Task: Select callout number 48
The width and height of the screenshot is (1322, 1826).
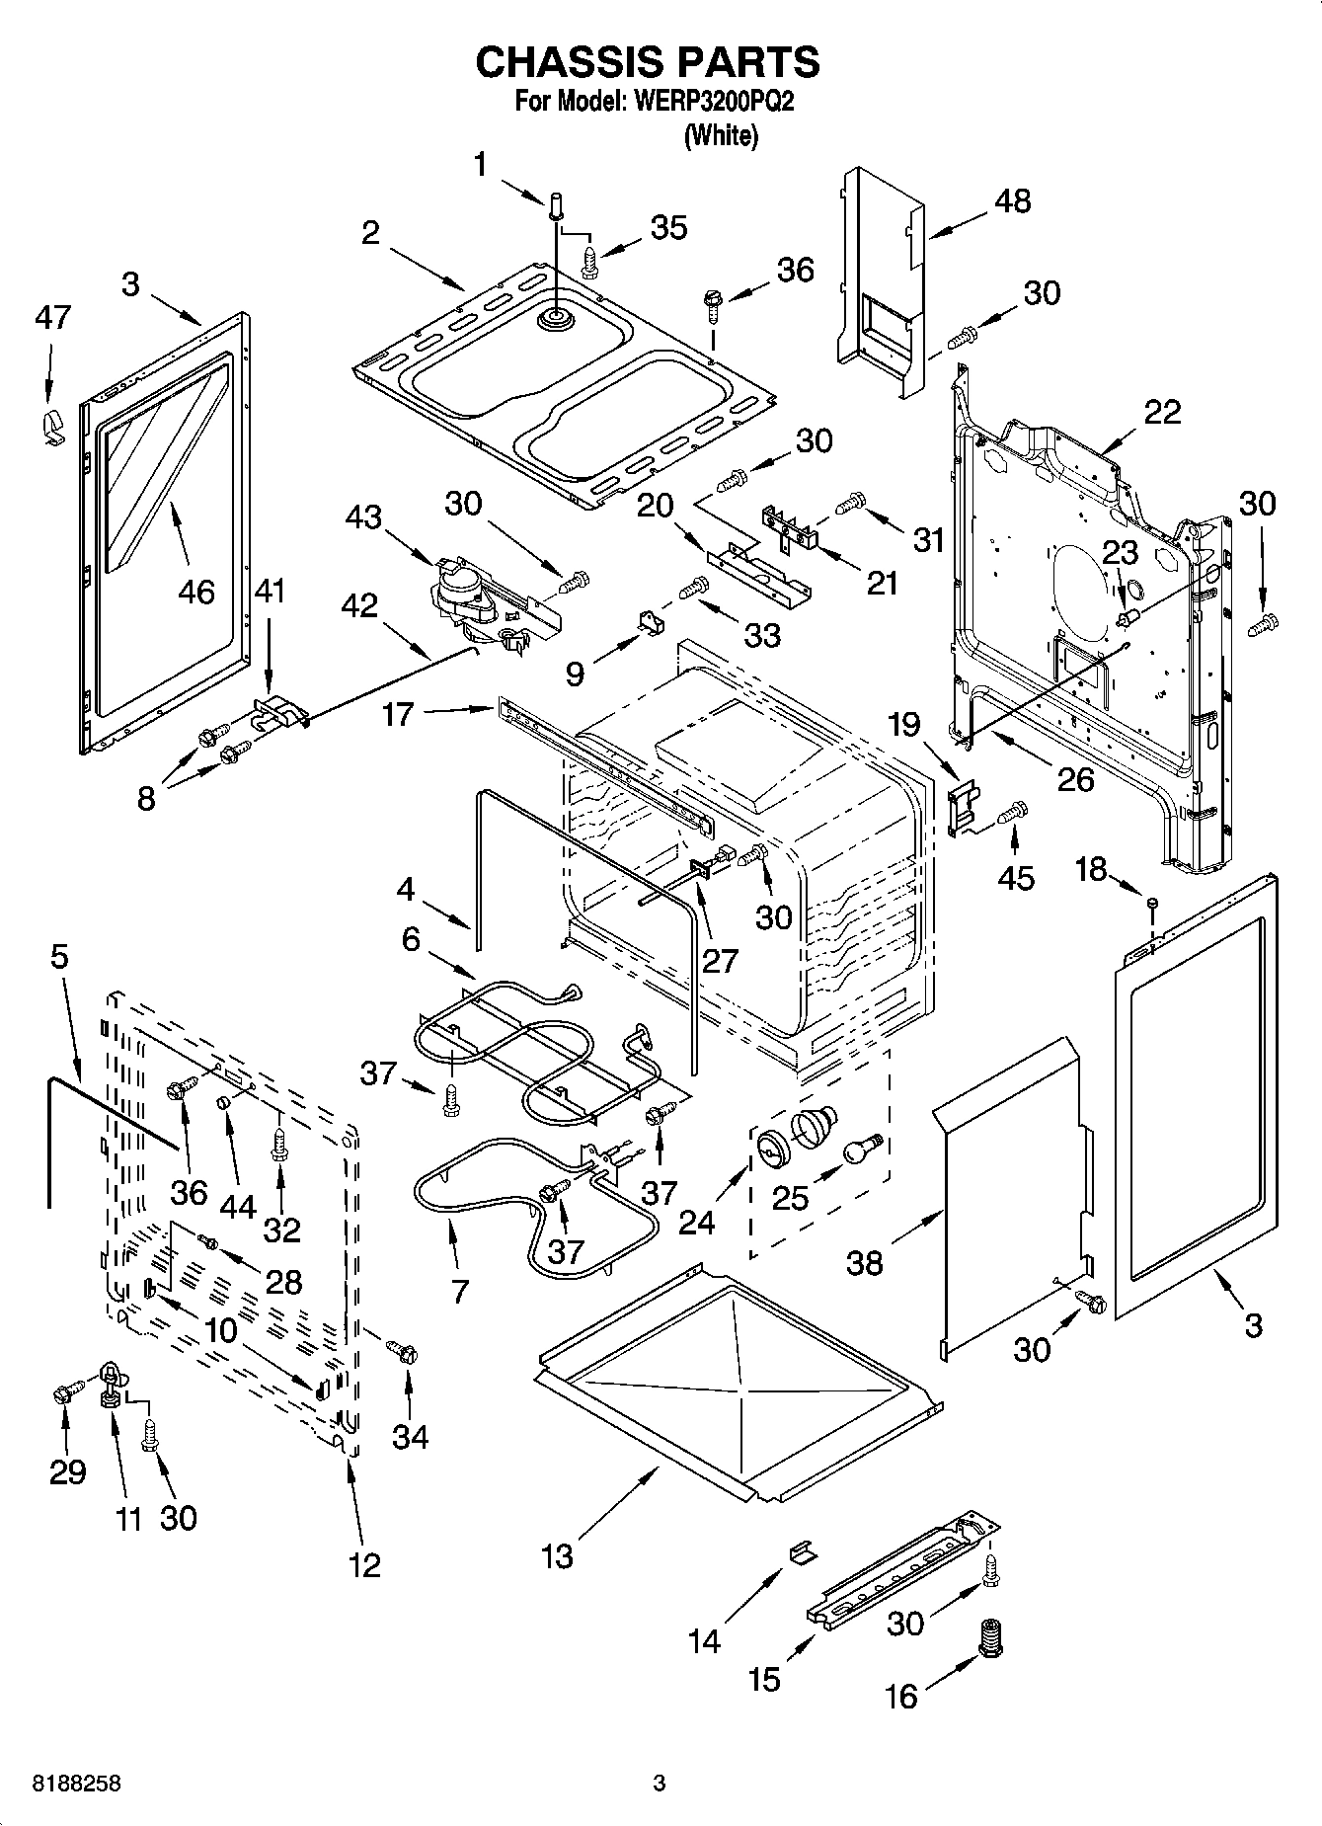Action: [x=1013, y=200]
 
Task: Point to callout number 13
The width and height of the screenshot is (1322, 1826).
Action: [x=557, y=1556]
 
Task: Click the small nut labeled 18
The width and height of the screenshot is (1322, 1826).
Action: [x=1151, y=903]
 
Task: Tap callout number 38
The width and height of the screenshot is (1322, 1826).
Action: [x=865, y=1262]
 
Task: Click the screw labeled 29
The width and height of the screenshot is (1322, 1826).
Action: [x=63, y=1395]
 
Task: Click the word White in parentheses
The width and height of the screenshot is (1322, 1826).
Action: [x=721, y=136]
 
